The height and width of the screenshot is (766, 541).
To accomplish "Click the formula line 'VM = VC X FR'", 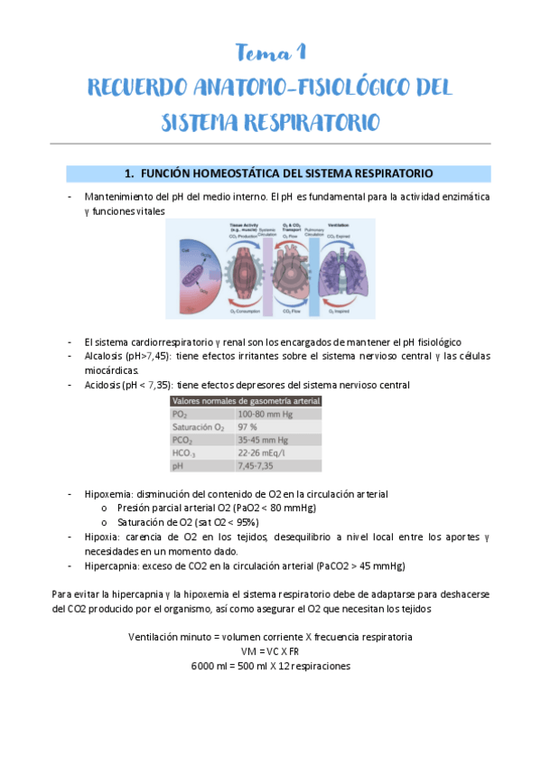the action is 270,651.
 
